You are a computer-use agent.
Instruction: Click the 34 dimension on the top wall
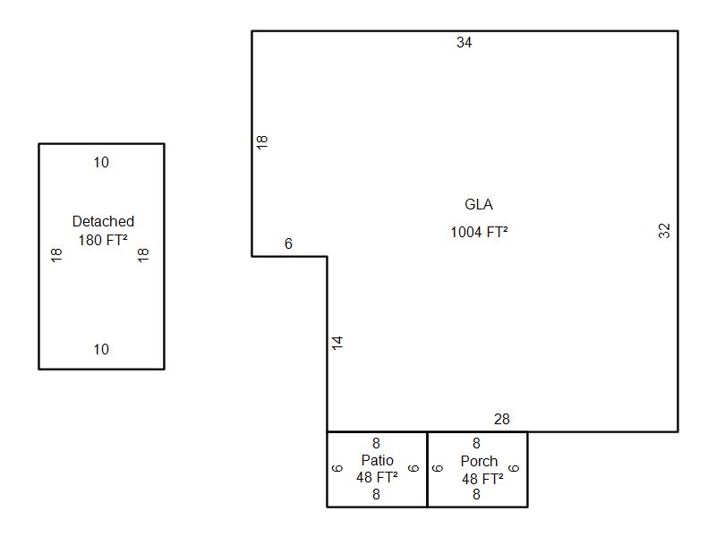pyautogui.click(x=464, y=42)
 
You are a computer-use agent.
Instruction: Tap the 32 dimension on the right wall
pyautogui.click(x=664, y=230)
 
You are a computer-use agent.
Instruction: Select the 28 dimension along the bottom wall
pyautogui.click(x=501, y=419)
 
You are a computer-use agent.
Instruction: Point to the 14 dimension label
pyautogui.click(x=337, y=342)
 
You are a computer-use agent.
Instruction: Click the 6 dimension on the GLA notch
pyautogui.click(x=288, y=243)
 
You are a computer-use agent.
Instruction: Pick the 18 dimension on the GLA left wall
pyautogui.click(x=262, y=141)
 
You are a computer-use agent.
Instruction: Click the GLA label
pyautogui.click(x=479, y=204)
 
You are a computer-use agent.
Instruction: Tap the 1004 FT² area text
pyautogui.click(x=479, y=232)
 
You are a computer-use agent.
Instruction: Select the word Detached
pyautogui.click(x=103, y=221)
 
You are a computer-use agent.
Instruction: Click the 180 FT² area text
pyautogui.click(x=103, y=239)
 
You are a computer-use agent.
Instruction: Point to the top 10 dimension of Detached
pyautogui.click(x=101, y=162)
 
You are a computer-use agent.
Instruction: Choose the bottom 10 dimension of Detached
pyautogui.click(x=101, y=349)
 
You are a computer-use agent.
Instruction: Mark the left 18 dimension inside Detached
pyautogui.click(x=56, y=255)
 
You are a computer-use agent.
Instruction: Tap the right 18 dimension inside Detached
pyautogui.click(x=143, y=255)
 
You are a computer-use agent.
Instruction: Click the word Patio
pyautogui.click(x=377, y=460)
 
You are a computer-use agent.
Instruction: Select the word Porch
pyautogui.click(x=479, y=461)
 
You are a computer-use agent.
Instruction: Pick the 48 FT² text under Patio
pyautogui.click(x=377, y=477)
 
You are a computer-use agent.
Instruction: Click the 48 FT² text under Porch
pyautogui.click(x=482, y=479)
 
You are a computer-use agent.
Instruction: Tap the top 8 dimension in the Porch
pyautogui.click(x=476, y=443)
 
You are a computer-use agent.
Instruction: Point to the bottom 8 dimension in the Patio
pyautogui.click(x=376, y=493)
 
